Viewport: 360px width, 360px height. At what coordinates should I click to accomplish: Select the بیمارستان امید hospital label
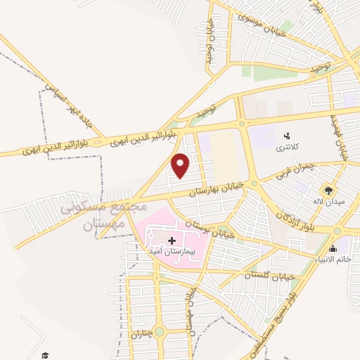(175, 251)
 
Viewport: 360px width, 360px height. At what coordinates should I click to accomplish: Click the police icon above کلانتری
(286, 136)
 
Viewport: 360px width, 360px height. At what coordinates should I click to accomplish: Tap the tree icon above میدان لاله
(327, 189)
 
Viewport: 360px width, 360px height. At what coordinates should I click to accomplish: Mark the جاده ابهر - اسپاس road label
(74, 112)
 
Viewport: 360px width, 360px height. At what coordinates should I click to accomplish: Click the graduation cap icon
(45, 356)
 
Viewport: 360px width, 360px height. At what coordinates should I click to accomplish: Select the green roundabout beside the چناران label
(159, 331)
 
